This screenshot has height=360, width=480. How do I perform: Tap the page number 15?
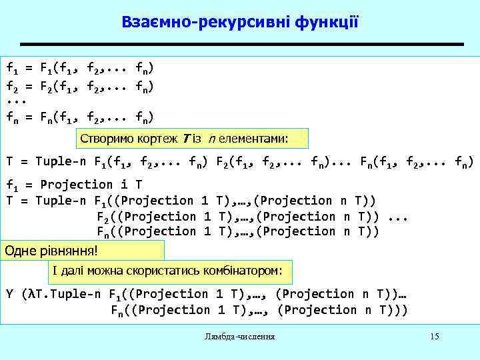[x=435, y=336]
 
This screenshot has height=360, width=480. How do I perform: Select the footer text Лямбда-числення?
[x=240, y=337]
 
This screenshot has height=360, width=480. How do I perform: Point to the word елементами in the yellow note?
[x=257, y=139]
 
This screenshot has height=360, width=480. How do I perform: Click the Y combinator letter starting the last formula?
[x=9, y=294]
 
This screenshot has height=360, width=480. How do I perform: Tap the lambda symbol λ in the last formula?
[x=27, y=294]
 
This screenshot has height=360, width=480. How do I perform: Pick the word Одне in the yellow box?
[x=18, y=251]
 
